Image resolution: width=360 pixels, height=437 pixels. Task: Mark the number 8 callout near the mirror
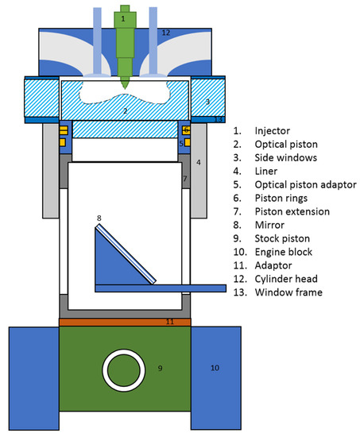(99, 218)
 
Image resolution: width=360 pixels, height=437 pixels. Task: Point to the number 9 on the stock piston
(160, 368)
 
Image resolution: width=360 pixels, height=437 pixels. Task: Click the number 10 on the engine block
(214, 368)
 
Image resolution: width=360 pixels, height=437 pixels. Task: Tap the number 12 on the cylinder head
(166, 33)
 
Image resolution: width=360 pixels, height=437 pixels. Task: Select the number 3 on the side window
(207, 102)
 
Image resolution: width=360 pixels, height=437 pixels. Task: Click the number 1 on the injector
(123, 17)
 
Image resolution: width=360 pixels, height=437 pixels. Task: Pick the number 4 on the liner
(198, 163)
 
